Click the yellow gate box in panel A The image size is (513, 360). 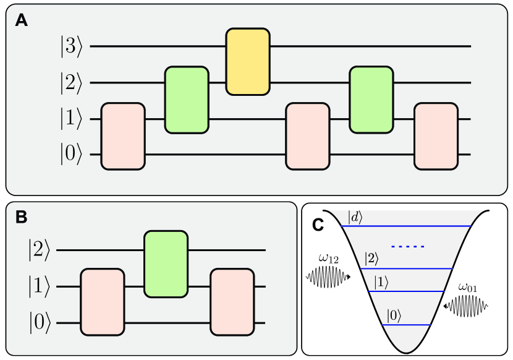coord(248,61)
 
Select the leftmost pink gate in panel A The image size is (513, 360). coord(123,137)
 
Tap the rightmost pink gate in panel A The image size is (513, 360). coord(436,137)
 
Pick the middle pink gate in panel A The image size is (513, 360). coord(307,137)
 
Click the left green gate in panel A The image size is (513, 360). coord(186,100)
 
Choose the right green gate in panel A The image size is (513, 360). coord(371,100)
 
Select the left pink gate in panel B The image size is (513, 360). coord(103,301)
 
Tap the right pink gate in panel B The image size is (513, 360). coord(232,301)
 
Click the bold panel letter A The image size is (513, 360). coord(21,20)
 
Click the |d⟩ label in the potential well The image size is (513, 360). coord(357,217)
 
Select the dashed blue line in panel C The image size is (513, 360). coord(408,247)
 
